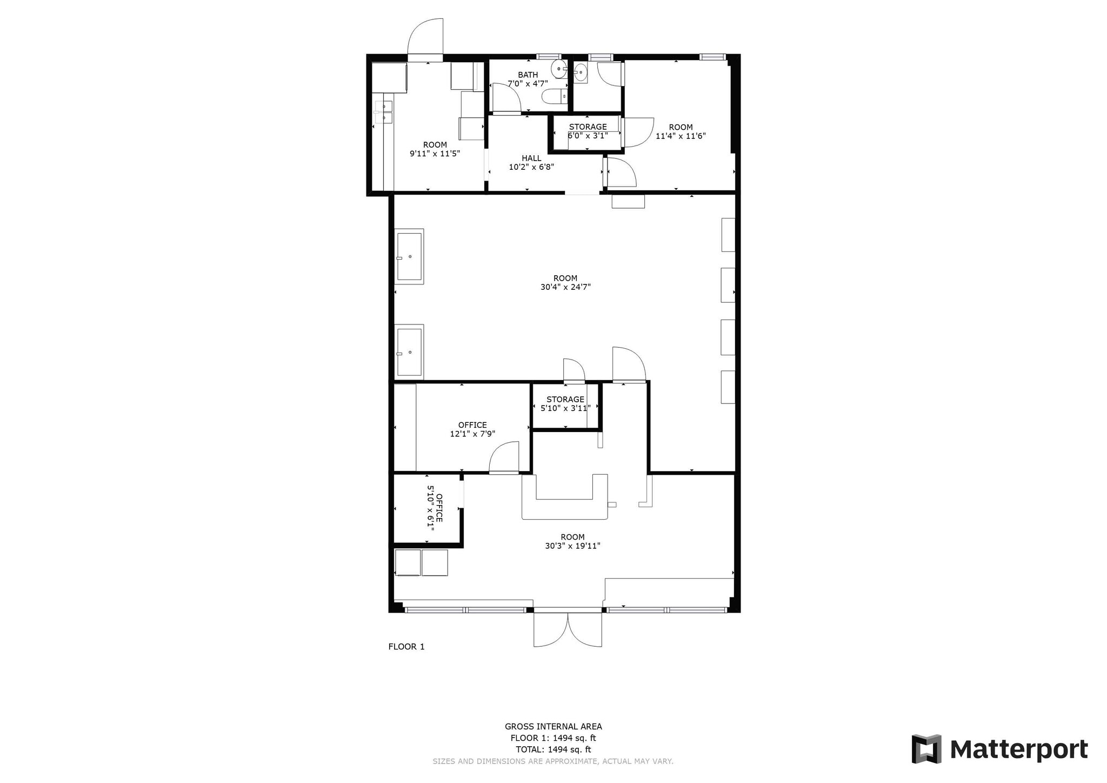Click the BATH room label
(528, 75)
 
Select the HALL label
(531, 158)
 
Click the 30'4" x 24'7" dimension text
(565, 287)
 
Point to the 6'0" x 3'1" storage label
(588, 136)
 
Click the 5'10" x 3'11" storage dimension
(565, 408)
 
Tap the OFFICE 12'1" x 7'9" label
(472, 429)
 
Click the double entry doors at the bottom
(568, 629)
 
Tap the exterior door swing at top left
(425, 38)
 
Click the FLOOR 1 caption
(406, 646)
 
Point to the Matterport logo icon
(926, 749)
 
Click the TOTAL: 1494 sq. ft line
(553, 749)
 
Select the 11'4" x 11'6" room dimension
(681, 136)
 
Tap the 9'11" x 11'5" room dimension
(435, 154)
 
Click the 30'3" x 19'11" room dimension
(572, 546)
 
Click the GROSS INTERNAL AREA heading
(553, 727)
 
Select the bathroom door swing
(506, 98)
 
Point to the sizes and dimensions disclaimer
(553, 761)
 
